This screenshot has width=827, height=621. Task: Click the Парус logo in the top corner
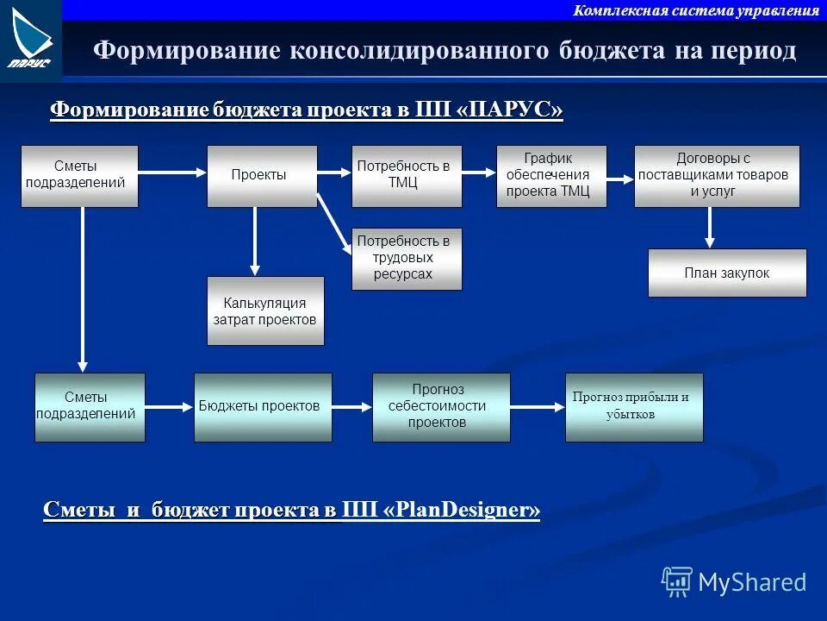pyautogui.click(x=31, y=39)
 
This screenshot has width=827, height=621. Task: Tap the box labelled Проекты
pyautogui.click(x=262, y=176)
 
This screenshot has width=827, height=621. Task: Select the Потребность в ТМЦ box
pyautogui.click(x=407, y=176)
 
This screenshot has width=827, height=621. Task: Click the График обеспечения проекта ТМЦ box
pyautogui.click(x=551, y=176)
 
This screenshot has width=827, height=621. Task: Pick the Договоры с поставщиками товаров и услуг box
pyautogui.click(x=717, y=176)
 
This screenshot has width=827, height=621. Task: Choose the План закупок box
pyautogui.click(x=727, y=273)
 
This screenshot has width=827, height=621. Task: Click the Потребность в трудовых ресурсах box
pyautogui.click(x=407, y=259)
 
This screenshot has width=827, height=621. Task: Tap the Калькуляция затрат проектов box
pyautogui.click(x=265, y=310)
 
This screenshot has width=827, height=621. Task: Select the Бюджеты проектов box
pyautogui.click(x=263, y=407)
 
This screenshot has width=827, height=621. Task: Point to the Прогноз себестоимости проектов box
pyautogui.click(x=441, y=407)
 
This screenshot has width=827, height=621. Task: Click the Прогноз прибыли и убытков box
pyautogui.click(x=634, y=407)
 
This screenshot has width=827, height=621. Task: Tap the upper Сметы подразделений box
pyautogui.click(x=79, y=176)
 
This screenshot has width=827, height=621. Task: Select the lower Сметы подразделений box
pyautogui.click(x=90, y=407)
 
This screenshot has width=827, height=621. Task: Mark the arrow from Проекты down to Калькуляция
pyautogui.click(x=254, y=241)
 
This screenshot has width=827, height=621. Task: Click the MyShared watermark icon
pyautogui.click(x=677, y=582)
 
